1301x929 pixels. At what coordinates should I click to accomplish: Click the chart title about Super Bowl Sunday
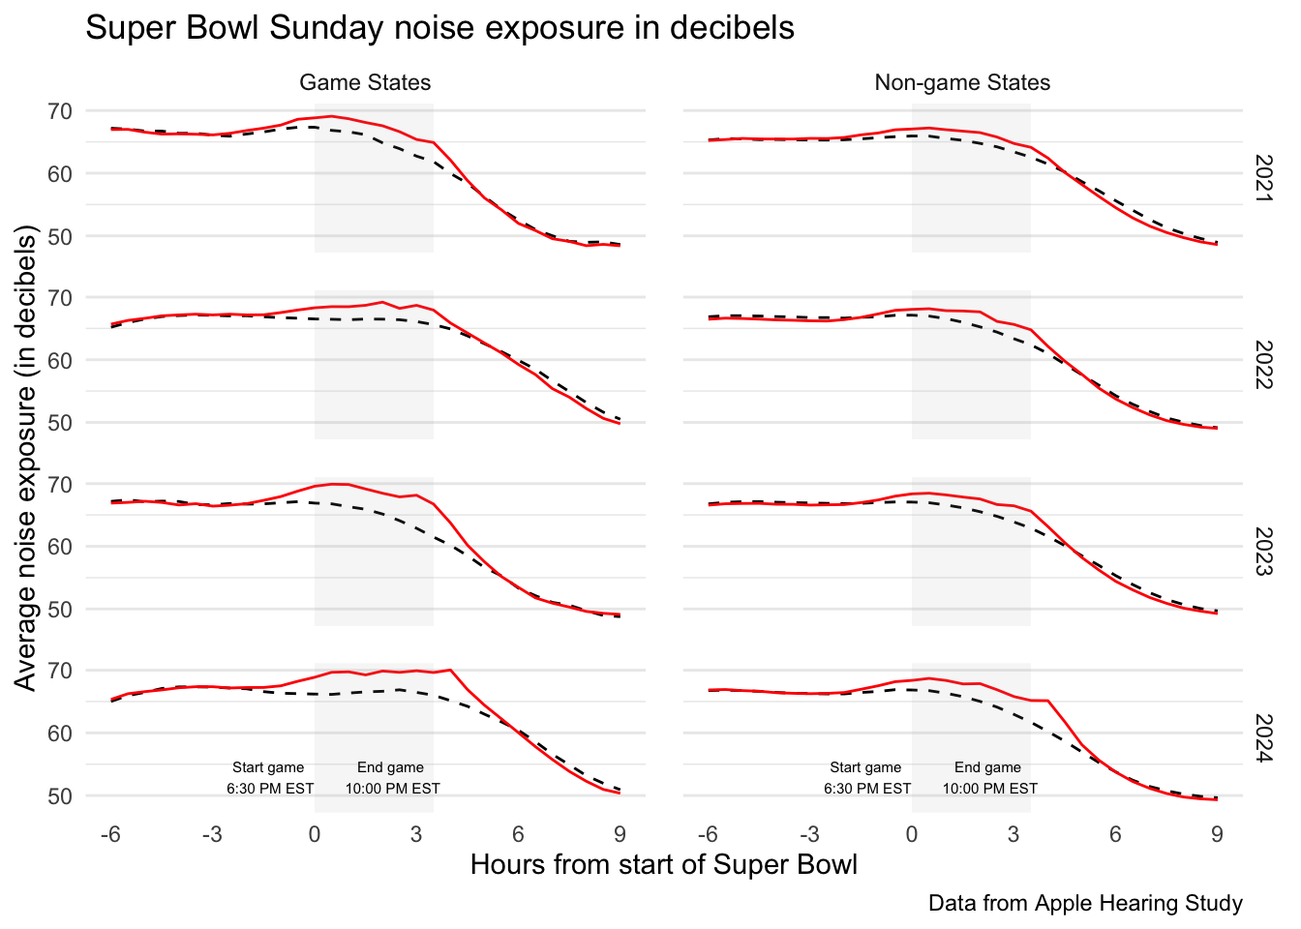(x=439, y=28)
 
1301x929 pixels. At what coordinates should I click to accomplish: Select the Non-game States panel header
(x=962, y=83)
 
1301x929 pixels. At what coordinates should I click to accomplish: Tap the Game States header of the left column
(x=365, y=83)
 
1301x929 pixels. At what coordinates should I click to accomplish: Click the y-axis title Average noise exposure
(x=26, y=458)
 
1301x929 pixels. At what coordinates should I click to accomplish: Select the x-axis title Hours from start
(x=664, y=864)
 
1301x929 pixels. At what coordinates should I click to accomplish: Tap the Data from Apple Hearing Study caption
(x=1085, y=904)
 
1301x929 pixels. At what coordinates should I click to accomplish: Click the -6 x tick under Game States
(x=111, y=834)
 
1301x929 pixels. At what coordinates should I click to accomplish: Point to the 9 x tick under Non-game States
(x=1217, y=834)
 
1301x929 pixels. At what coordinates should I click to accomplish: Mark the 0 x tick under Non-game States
(x=911, y=834)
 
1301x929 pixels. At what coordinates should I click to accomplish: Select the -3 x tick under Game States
(x=212, y=834)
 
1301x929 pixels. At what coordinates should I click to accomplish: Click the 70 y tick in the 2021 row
(x=59, y=111)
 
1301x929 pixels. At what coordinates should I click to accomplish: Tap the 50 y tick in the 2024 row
(x=59, y=795)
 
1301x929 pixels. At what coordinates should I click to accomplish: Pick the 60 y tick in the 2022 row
(x=59, y=360)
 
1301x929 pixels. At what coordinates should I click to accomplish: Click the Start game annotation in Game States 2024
(x=268, y=767)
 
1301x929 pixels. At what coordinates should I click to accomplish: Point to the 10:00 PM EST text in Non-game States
(x=989, y=789)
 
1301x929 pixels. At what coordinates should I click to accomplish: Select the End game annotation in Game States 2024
(x=391, y=767)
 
